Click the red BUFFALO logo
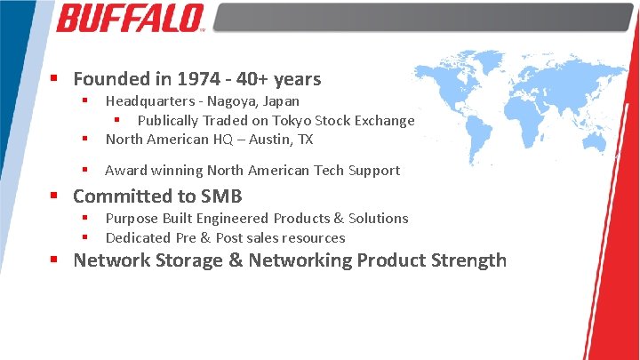pyautogui.click(x=131, y=18)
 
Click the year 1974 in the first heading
pyautogui.click(x=200, y=79)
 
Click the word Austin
pyautogui.click(x=269, y=139)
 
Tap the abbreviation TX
pyautogui.click(x=305, y=139)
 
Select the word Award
pyautogui.click(x=125, y=170)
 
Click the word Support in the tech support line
pyautogui.click(x=373, y=170)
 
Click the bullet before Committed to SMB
pyautogui.click(x=55, y=196)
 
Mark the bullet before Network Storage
pyautogui.click(x=55, y=260)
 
